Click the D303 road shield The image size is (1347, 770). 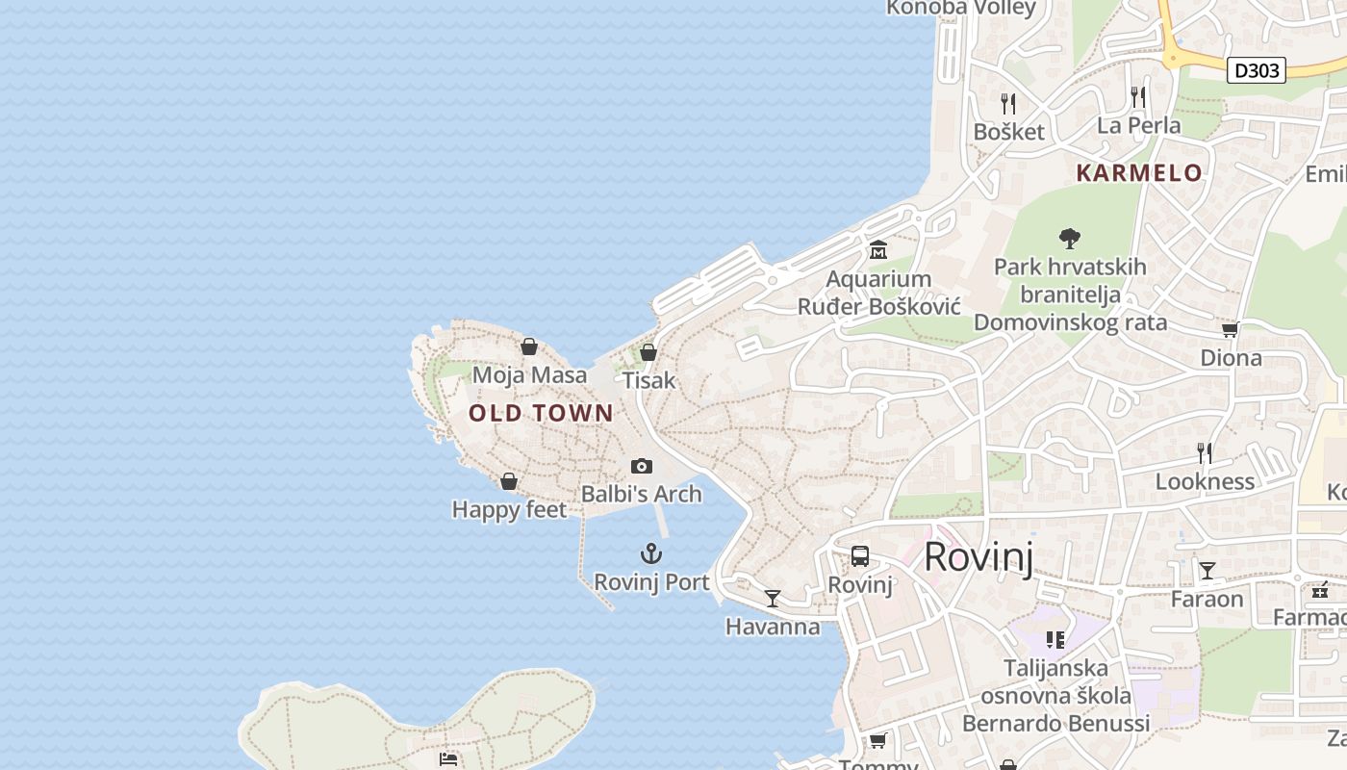pyautogui.click(x=1257, y=70)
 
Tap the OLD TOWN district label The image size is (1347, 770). pyautogui.click(x=541, y=414)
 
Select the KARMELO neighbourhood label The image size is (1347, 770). pyautogui.click(x=1139, y=173)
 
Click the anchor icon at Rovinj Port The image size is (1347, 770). pyautogui.click(x=651, y=553)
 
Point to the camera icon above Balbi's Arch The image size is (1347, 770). pyautogui.click(x=642, y=467)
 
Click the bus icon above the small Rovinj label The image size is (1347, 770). pyautogui.click(x=860, y=556)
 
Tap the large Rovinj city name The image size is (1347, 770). pyautogui.click(x=978, y=558)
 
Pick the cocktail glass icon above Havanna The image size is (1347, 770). pyautogui.click(x=773, y=599)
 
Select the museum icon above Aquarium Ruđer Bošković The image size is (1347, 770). pyautogui.click(x=878, y=251)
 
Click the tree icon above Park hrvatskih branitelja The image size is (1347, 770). pyautogui.click(x=1069, y=239)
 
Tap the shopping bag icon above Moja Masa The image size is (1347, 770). pyautogui.click(x=529, y=346)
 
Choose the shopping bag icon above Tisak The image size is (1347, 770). pyautogui.click(x=648, y=352)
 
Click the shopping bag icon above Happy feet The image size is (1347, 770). pyautogui.click(x=509, y=481)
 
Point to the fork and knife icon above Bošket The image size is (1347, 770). pyautogui.click(x=1008, y=103)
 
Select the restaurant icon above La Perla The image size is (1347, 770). pyautogui.click(x=1139, y=96)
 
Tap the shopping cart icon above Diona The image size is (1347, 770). pyautogui.click(x=1230, y=330)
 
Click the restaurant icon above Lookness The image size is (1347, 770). pyautogui.click(x=1204, y=452)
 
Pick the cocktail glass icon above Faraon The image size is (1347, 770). pyautogui.click(x=1207, y=571)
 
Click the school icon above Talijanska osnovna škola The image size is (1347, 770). pyautogui.click(x=1055, y=639)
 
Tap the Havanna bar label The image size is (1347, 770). pyautogui.click(x=773, y=628)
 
